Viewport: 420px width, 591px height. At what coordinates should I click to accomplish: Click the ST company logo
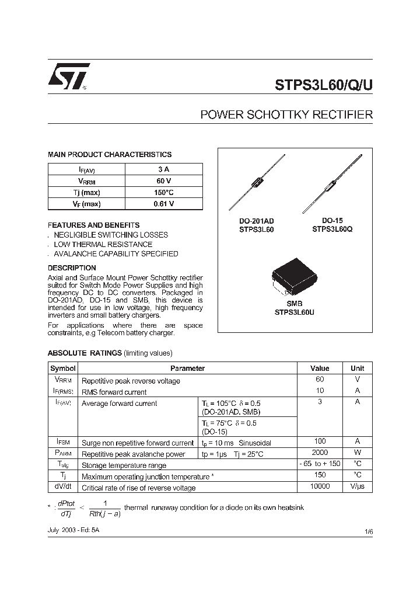tap(68, 76)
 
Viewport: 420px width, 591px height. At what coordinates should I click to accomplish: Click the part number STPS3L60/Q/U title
tap(323, 84)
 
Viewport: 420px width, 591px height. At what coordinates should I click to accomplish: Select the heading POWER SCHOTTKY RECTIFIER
tap(286, 115)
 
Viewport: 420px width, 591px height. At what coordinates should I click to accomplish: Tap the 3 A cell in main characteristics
tap(163, 169)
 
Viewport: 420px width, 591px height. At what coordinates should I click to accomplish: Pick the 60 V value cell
tap(163, 180)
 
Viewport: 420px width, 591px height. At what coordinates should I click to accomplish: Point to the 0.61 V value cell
tap(163, 204)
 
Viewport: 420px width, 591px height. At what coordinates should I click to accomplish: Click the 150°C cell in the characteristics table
tap(163, 192)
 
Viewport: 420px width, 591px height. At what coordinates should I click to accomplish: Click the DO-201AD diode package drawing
tap(257, 183)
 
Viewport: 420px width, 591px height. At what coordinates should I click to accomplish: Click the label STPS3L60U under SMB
tap(295, 312)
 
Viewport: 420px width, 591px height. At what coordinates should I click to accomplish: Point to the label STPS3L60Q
tap(332, 230)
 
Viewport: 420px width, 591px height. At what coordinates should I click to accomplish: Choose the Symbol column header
tap(63, 368)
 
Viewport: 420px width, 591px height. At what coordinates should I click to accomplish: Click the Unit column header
tap(357, 368)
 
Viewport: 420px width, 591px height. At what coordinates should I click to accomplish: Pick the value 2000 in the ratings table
tap(320, 453)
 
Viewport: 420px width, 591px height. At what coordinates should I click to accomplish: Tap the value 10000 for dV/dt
tap(320, 486)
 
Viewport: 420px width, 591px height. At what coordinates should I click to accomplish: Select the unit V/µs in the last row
tap(357, 486)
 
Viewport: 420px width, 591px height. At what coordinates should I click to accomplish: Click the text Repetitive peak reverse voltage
tap(131, 381)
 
